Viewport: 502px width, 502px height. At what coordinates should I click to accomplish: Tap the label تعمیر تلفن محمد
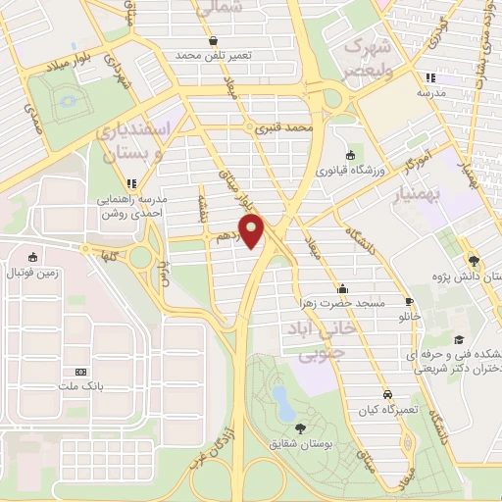215,56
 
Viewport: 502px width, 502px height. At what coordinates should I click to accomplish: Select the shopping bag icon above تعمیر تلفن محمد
215,41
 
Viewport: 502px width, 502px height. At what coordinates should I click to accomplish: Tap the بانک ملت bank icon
79,373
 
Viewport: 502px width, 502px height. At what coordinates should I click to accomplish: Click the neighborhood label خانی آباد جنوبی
322,338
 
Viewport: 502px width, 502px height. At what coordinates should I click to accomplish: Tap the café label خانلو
410,319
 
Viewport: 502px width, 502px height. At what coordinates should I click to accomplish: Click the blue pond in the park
282,398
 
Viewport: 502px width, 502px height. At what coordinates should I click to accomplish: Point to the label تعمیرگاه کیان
387,409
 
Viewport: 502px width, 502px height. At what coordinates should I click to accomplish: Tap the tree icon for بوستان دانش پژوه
475,260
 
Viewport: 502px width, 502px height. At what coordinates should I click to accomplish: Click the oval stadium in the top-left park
66,100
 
